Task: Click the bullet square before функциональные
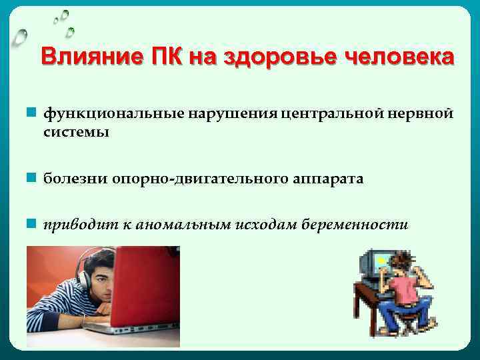(31, 113)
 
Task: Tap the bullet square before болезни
(31, 178)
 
